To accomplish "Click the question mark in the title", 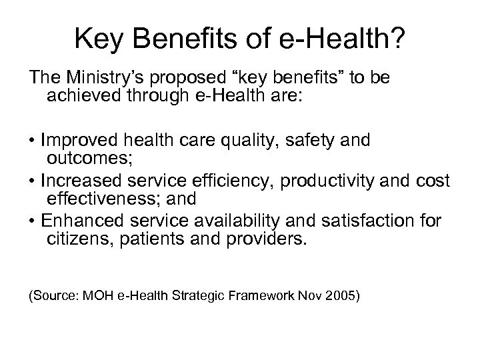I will click(x=395, y=40).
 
